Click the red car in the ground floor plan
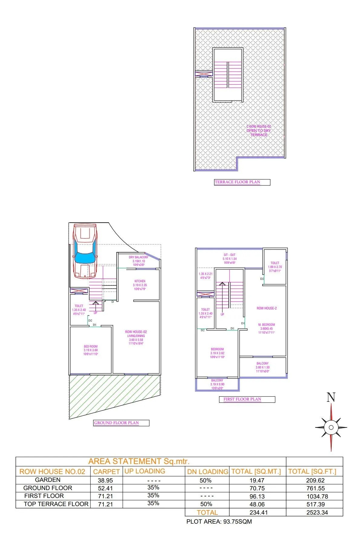tap(85, 251)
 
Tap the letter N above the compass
tap(331, 397)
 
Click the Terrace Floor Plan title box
tap(242, 182)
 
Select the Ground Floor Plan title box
tap(121, 423)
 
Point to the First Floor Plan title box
tap(247, 399)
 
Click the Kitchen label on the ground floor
tap(140, 281)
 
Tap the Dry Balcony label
tap(139, 257)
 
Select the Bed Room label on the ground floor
tap(91, 347)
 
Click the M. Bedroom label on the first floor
tap(267, 325)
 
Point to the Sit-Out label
tap(230, 255)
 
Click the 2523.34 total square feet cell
tap(317, 512)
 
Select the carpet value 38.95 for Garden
tap(105, 480)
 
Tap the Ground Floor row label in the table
tap(48, 488)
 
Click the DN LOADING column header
tap(208, 472)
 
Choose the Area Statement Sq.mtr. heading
tap(139, 461)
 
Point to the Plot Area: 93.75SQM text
tap(219, 522)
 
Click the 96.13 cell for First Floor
tap(257, 496)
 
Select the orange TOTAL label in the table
tap(207, 512)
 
